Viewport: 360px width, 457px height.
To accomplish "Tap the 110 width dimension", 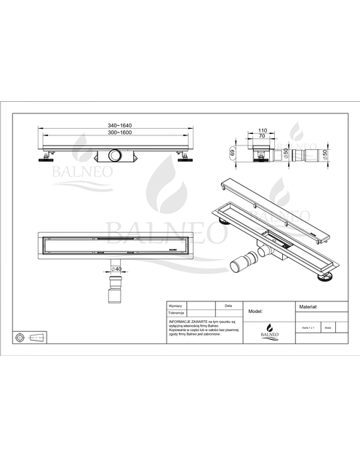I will point(264,129).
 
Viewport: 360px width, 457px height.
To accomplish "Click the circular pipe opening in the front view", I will point(115,156).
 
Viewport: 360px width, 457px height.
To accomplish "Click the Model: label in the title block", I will point(255,310).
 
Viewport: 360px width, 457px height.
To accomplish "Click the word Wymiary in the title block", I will point(175,306).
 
